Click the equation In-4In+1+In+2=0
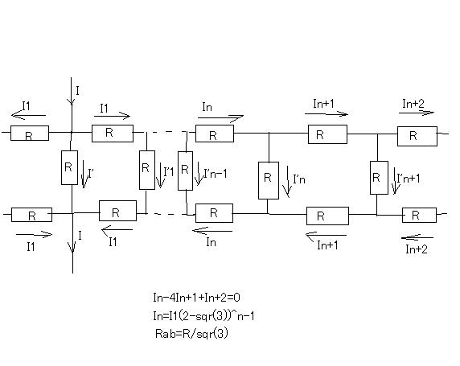196,298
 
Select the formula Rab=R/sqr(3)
191,333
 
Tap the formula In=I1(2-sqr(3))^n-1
203,316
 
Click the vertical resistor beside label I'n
269,180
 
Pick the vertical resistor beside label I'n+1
379,178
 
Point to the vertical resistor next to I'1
147,170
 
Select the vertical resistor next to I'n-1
185,171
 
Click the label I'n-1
216,174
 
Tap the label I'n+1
409,178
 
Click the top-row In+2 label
413,103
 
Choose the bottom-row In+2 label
417,249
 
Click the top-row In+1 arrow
327,113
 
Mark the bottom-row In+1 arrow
326,235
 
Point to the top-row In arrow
220,118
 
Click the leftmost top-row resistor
30,133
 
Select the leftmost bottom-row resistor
31,215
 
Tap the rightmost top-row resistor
417,136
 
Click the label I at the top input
77,91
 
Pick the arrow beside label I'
84,174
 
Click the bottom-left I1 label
31,246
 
